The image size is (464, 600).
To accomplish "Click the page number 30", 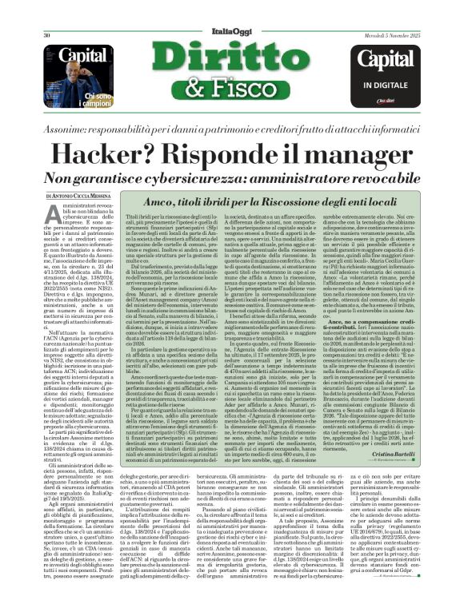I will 48,14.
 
